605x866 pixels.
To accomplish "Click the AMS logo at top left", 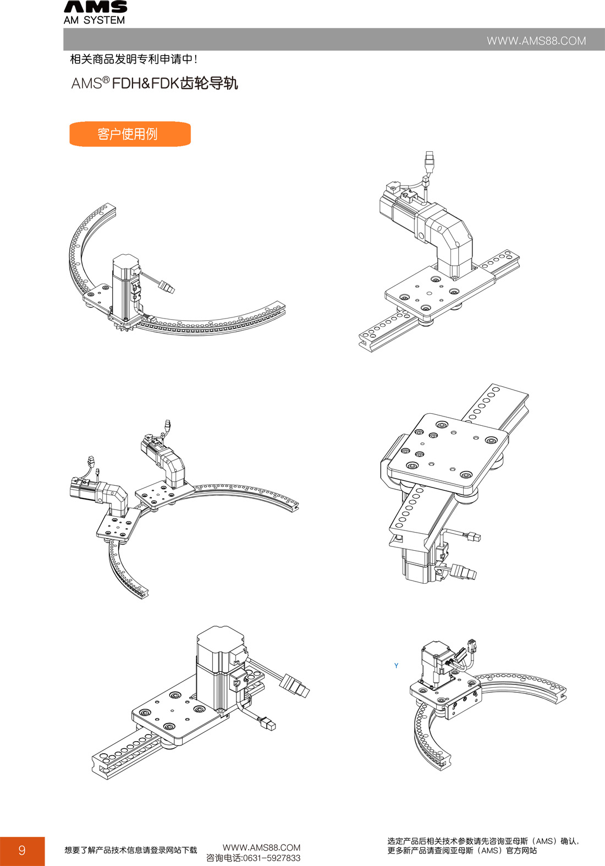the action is click(x=95, y=7).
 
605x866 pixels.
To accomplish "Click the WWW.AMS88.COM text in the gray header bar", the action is click(x=536, y=41).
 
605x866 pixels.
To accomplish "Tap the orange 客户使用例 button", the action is click(x=130, y=134).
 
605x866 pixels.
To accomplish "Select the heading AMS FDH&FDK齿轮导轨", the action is click(x=154, y=83).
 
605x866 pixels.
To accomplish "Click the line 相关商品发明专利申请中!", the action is click(x=134, y=59).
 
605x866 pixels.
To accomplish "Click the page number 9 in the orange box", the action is click(x=22, y=849).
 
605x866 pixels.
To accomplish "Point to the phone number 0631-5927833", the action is click(x=271, y=858).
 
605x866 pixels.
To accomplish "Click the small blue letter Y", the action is click(x=396, y=666).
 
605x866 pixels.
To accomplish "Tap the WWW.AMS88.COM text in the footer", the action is click(x=261, y=847).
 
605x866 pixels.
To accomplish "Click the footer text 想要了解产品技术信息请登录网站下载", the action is click(x=131, y=850).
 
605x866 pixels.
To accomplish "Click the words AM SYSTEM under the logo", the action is click(x=95, y=20).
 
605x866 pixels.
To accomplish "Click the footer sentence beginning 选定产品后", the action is click(x=483, y=846).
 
